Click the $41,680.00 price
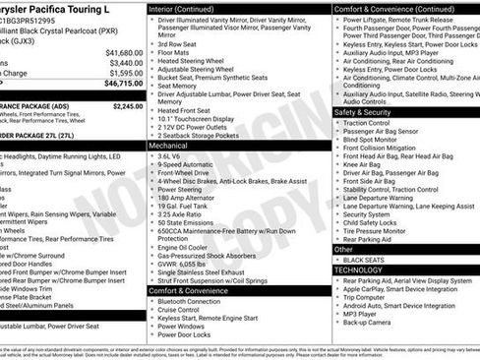tap(124, 52)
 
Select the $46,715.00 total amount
tap(124, 86)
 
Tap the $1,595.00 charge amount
tap(126, 73)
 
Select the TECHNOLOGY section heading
tap(358, 269)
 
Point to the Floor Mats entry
tap(178, 54)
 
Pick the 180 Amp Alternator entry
tap(192, 198)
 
